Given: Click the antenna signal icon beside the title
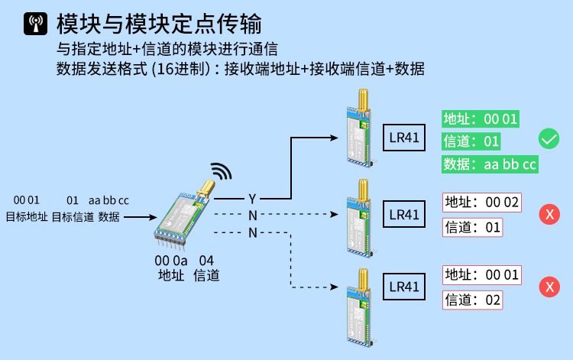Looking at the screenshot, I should [x=34, y=24].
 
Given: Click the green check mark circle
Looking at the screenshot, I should [x=549, y=139].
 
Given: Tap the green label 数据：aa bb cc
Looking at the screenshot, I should [x=490, y=164].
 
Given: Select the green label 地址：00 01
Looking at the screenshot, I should [x=481, y=118].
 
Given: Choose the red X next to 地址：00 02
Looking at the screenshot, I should [x=549, y=214].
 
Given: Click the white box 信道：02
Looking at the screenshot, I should [x=473, y=300].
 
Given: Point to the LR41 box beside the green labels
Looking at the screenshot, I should [x=403, y=138].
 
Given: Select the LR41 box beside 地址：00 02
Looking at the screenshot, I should [x=403, y=214].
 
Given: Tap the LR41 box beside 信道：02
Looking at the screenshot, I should [x=403, y=287].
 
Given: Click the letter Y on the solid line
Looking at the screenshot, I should [x=252, y=199].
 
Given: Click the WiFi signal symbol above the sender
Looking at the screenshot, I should [x=221, y=172].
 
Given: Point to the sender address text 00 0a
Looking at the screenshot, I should [x=170, y=261].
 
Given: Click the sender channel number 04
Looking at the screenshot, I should [x=206, y=261].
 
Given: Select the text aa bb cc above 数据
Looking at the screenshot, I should [x=109, y=200].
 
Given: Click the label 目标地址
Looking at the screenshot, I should [x=26, y=216].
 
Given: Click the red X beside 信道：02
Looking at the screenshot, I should [x=549, y=287].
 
